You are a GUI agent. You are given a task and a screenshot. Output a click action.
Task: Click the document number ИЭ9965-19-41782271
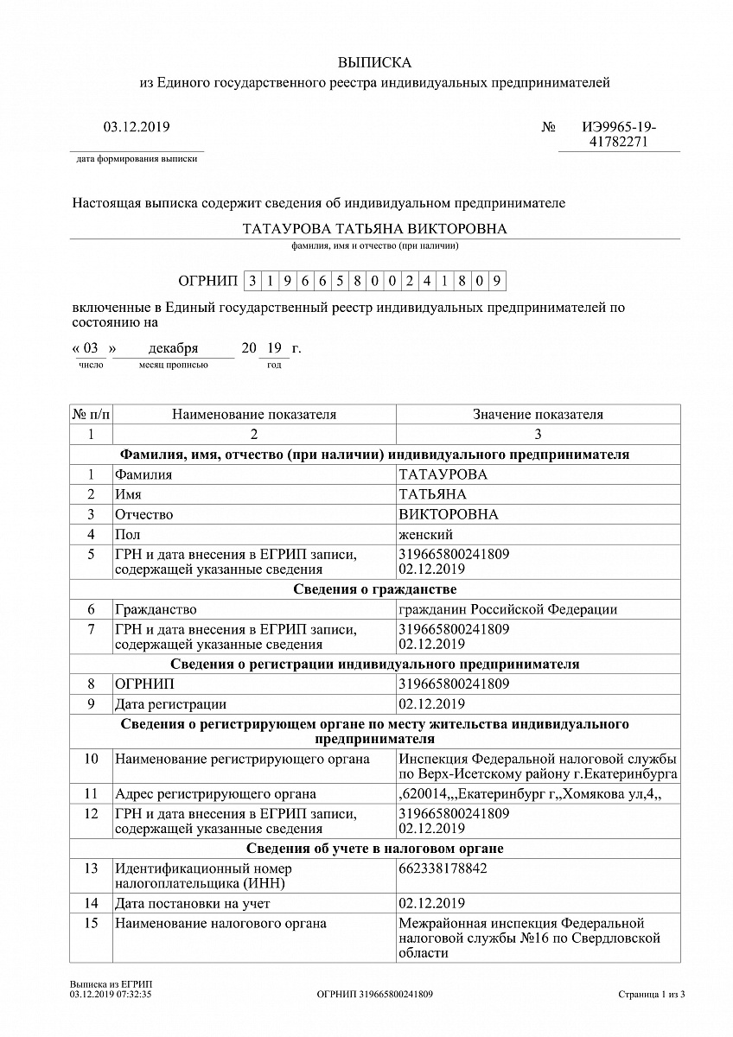[618, 135]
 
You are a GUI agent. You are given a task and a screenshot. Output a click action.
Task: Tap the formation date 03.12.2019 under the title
[137, 127]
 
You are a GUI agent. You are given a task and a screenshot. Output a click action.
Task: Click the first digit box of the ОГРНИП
[252, 281]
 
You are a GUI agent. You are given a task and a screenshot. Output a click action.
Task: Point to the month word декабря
[173, 349]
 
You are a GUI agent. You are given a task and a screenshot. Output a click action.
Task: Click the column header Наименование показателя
[254, 415]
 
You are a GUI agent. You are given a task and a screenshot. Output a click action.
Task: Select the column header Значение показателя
[538, 415]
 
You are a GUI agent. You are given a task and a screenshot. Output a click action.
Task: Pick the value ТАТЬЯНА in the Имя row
[432, 494]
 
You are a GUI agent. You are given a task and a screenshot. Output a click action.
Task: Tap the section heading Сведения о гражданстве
[374, 589]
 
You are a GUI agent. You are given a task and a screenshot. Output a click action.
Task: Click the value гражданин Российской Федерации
[507, 609]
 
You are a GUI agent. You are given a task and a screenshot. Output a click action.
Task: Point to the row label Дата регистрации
[170, 703]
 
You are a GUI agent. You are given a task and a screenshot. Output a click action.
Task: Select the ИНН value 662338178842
[443, 868]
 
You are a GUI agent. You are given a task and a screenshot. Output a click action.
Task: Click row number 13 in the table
[91, 868]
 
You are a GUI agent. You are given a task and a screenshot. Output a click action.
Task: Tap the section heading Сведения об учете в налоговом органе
[374, 849]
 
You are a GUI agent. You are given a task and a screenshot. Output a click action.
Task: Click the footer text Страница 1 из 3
[652, 995]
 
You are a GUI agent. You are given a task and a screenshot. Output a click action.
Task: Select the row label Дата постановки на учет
[192, 903]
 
